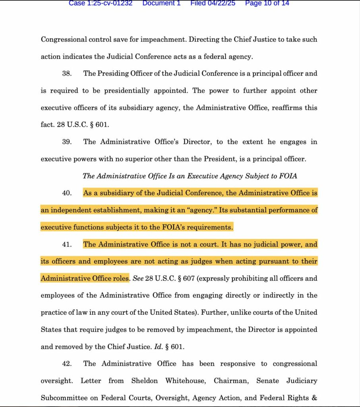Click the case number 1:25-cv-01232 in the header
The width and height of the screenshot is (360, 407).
click(x=101, y=3)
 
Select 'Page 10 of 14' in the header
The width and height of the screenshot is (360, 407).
click(x=267, y=3)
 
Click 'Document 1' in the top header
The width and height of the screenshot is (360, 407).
click(x=161, y=3)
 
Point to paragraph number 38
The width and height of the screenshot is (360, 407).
click(x=66, y=74)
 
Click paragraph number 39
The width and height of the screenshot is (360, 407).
click(x=66, y=142)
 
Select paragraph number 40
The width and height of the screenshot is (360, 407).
click(x=66, y=193)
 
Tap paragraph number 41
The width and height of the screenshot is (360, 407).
click(x=66, y=244)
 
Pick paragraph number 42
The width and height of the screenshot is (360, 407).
click(x=66, y=364)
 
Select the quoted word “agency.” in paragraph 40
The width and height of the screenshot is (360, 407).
click(x=186, y=210)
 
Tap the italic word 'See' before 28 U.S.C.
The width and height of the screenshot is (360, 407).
click(x=137, y=278)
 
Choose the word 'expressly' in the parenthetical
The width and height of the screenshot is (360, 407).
click(x=214, y=278)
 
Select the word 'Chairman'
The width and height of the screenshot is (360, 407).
click(x=231, y=381)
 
